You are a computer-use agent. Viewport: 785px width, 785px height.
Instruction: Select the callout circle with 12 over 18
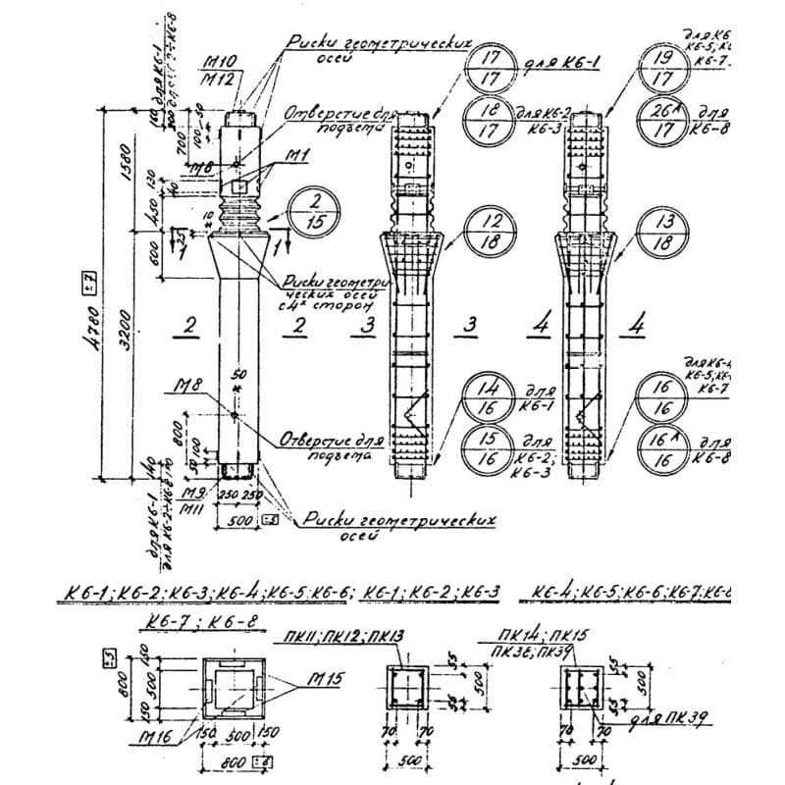coord(489,232)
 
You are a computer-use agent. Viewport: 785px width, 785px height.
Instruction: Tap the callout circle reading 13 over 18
coord(661,232)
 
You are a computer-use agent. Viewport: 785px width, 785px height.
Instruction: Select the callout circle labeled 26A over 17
coord(661,119)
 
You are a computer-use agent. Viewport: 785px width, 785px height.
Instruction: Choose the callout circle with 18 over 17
coord(489,119)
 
